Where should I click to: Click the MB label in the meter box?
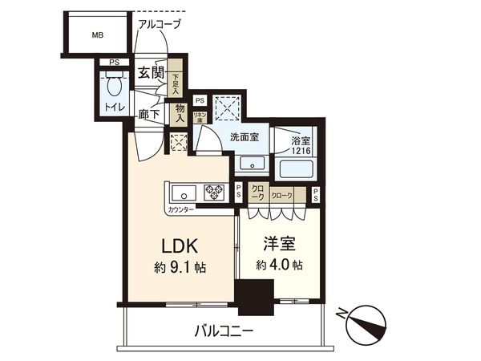pos(97,35)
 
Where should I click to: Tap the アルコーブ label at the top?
pos(160,24)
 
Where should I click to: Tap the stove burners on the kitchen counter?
pos(216,192)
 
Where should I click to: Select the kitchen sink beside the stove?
pos(181,192)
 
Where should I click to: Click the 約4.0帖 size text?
pos(280,265)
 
